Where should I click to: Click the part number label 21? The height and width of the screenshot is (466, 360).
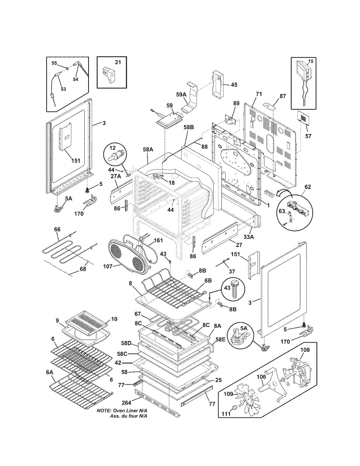point(118,62)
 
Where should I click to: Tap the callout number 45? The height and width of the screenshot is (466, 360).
point(234,85)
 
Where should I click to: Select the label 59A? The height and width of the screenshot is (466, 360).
point(181,95)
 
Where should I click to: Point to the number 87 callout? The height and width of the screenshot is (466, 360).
point(283,96)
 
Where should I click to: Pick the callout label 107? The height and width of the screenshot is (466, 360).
point(108,266)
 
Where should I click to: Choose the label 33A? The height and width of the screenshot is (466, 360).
point(249,237)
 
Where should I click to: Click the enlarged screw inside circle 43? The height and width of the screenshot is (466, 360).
point(235,291)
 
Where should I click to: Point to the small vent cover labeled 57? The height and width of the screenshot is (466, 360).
point(304,118)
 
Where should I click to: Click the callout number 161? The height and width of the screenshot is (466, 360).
point(158,240)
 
